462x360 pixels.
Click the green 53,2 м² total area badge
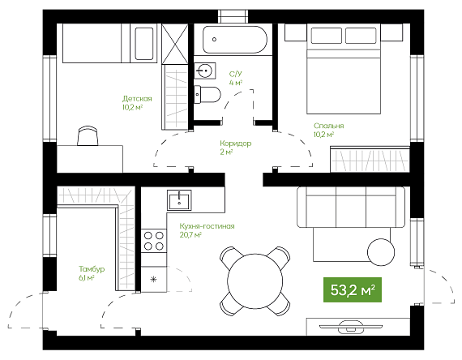pos(353,289)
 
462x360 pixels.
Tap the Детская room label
pos(137,98)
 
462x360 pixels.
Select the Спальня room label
pos(328,126)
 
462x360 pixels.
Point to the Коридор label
pos(235,144)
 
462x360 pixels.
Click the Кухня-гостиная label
pos(207,226)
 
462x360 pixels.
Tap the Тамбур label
pos(92,269)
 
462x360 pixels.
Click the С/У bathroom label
pos(235,74)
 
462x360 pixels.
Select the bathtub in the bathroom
pos(235,40)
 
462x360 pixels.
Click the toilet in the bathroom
pos(207,94)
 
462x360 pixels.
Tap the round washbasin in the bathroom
pos(205,71)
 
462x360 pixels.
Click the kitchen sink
pos(179,200)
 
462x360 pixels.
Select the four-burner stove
pos(153,241)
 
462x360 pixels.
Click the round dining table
pos(255,281)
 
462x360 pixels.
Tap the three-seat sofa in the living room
pos(351,207)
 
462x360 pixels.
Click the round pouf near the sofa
pos(381,252)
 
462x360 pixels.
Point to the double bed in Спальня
pos(344,69)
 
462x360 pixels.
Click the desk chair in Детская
pos(88,135)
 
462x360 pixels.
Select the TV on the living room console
pos(351,327)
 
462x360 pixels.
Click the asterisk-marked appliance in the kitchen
pos(153,279)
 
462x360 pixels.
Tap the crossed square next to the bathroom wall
pos(175,44)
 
